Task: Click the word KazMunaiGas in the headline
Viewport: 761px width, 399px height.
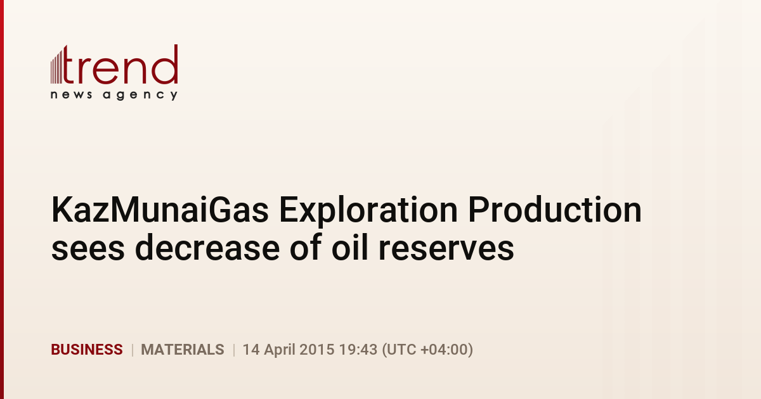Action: [160, 210]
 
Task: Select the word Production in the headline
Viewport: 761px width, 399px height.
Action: [555, 210]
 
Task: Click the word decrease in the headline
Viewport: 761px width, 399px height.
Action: [207, 248]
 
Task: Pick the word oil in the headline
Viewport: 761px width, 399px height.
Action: [349, 248]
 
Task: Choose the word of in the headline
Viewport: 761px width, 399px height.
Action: [306, 247]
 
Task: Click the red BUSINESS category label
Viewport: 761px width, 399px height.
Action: [87, 350]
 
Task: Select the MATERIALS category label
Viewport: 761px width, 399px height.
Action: [183, 350]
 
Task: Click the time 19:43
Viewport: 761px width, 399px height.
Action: [358, 350]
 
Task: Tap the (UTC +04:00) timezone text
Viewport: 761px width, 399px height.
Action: [427, 350]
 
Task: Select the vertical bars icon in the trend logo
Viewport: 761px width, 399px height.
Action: [56, 66]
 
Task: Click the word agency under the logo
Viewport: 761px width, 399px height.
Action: [140, 96]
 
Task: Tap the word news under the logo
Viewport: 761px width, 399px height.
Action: [71, 94]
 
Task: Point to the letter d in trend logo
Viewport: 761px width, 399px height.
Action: [165, 64]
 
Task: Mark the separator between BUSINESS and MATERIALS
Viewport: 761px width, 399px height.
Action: [132, 350]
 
